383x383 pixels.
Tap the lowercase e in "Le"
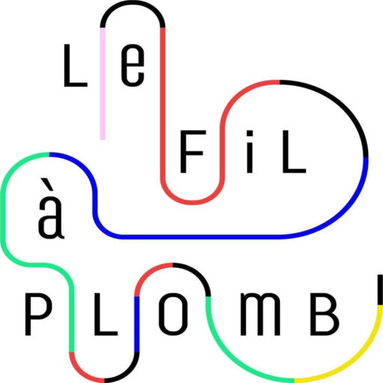(132, 65)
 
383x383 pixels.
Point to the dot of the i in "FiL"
(249, 135)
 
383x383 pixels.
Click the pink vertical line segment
(102, 84)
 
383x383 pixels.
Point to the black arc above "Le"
(132, 3)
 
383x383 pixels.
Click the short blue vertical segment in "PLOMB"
(137, 324)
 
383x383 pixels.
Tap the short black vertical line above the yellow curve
(380, 289)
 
